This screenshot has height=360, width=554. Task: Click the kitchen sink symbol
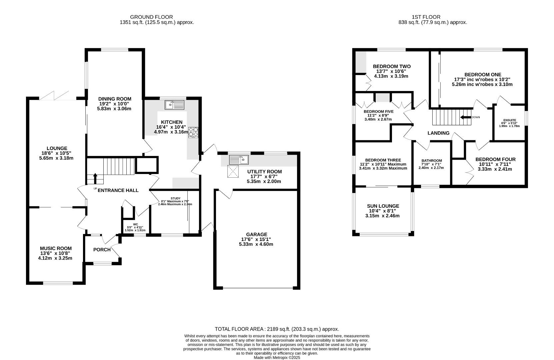(174, 105)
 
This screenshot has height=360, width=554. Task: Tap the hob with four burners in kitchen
(193, 132)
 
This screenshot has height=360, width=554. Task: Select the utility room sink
(239, 160)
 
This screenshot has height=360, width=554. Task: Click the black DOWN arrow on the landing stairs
(465, 117)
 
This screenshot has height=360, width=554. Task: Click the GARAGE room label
(257, 234)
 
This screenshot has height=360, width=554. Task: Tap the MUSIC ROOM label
(56, 248)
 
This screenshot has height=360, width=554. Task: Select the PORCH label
(102, 250)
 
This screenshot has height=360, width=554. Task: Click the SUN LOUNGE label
(383, 206)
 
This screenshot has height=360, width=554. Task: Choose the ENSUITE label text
(510, 120)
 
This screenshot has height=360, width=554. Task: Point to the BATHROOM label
(432, 160)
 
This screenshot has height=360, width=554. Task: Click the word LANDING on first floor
(439, 133)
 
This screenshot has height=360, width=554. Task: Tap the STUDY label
(176, 198)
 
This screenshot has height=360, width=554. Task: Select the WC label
(136, 224)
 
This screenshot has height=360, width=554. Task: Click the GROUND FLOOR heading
(151, 17)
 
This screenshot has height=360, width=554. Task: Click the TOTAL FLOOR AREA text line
(277, 329)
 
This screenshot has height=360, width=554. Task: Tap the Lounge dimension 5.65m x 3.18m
(56, 158)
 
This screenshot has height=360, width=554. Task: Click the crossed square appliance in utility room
(233, 172)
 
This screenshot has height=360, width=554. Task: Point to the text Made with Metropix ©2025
(277, 358)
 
